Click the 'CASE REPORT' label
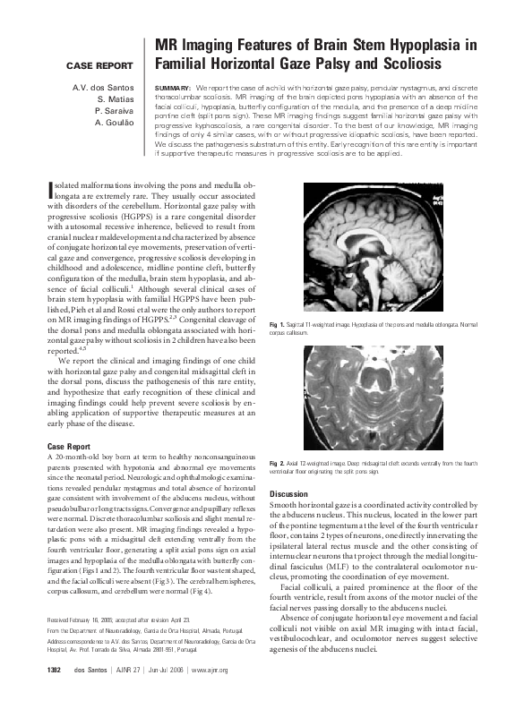click(99, 66)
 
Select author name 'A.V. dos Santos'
click(103, 87)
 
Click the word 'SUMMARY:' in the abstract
click(173, 88)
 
